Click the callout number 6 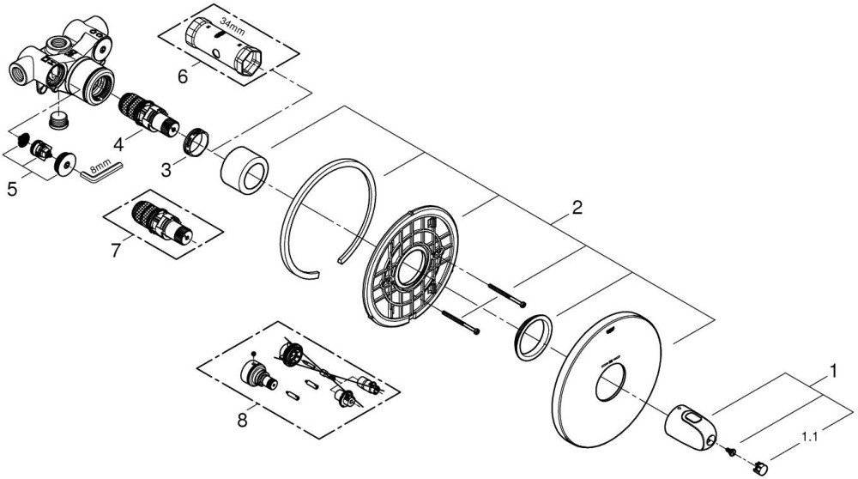point(182,76)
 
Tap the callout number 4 point(118,145)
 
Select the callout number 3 point(166,170)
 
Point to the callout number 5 point(12,190)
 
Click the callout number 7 point(116,251)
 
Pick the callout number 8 point(242,421)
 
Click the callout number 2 point(577,208)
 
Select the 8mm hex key point(102,171)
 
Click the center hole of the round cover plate point(609,384)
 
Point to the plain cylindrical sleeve point(244,171)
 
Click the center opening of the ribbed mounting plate point(411,269)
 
